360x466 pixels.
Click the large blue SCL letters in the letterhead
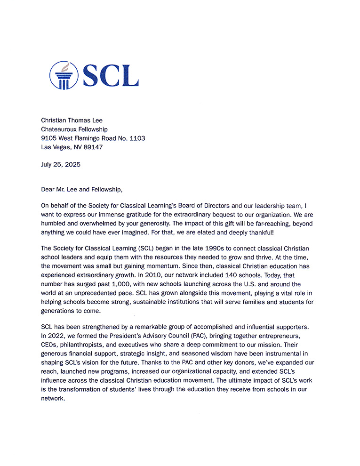coord(111,75)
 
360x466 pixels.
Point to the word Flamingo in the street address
coord(90,138)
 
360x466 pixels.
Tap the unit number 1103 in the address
coord(136,138)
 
